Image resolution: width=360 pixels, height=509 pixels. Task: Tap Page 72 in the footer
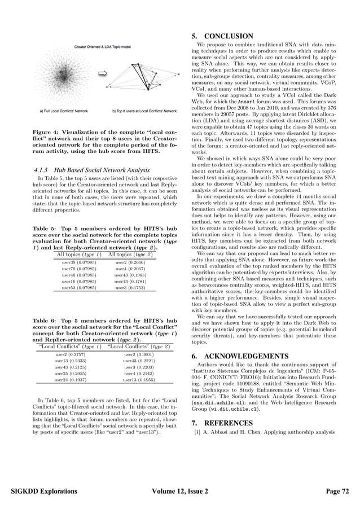point(337,492)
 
